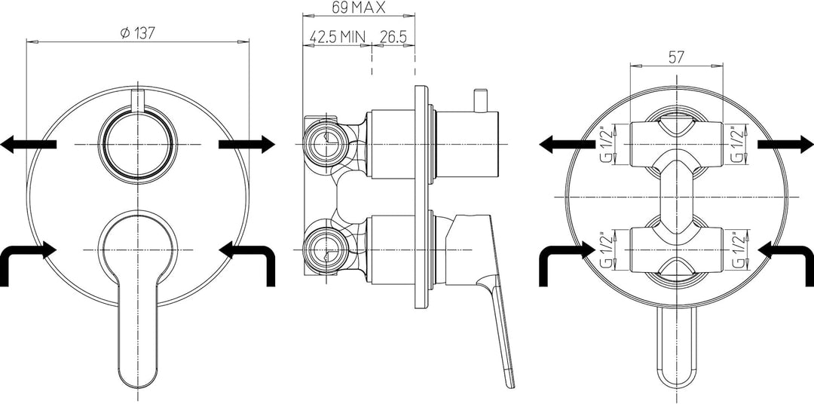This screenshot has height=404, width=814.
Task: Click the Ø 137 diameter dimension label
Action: (x=138, y=33)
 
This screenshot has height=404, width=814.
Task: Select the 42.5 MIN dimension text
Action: (x=338, y=37)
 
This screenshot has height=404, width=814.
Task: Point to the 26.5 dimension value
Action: (x=393, y=37)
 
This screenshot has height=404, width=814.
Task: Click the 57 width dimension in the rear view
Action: (x=675, y=57)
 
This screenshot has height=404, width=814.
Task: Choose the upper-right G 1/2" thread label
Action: (x=736, y=144)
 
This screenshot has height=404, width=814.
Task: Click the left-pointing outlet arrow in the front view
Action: (x=28, y=144)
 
